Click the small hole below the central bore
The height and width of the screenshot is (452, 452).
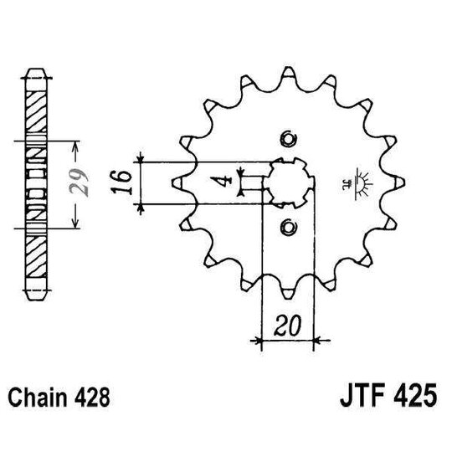point(287,225)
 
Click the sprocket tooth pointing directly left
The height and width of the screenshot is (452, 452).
point(178,182)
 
